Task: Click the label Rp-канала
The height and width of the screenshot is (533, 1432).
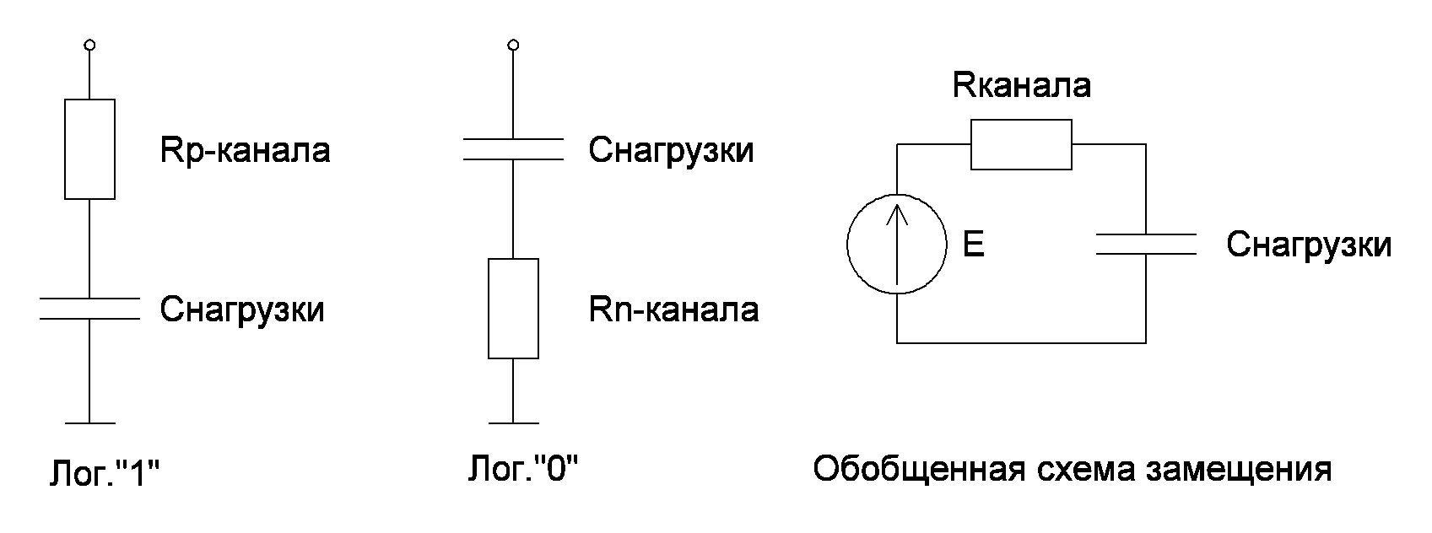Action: point(245,151)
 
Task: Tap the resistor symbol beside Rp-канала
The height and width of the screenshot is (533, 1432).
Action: point(90,149)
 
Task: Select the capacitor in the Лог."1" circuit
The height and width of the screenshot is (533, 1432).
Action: point(90,309)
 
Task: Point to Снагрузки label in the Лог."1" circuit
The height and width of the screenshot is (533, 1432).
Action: point(242,310)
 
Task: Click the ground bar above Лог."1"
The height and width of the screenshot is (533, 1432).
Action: point(90,423)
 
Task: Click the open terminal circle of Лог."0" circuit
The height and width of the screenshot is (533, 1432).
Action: point(513,44)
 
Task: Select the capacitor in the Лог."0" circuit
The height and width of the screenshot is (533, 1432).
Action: point(513,149)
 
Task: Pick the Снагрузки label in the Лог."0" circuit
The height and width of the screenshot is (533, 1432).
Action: point(671,151)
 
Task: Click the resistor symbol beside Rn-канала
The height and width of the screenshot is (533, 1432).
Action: point(513,309)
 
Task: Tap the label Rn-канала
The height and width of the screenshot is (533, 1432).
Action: point(673,310)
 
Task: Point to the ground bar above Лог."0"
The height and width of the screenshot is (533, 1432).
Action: point(513,423)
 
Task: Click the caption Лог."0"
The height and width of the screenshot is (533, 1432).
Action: point(523,468)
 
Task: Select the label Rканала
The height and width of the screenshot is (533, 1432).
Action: point(1021,85)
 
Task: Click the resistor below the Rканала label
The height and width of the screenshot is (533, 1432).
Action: point(1021,145)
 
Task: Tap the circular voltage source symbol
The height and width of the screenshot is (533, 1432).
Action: point(897,245)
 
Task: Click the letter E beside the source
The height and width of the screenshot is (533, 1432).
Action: point(973,245)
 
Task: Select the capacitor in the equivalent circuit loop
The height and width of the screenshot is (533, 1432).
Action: point(1146,245)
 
